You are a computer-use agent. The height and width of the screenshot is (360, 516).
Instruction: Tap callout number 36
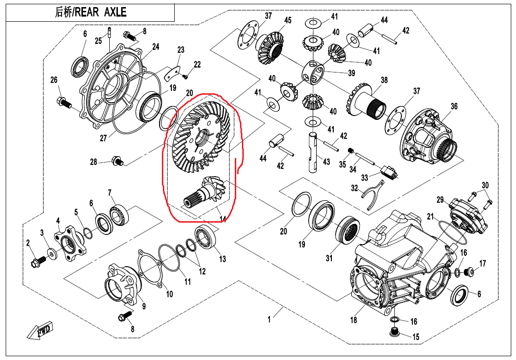click(x=454, y=107)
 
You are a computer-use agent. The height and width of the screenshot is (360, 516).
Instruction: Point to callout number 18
click(x=354, y=320)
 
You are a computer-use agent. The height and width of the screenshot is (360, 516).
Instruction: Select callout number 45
click(x=288, y=20)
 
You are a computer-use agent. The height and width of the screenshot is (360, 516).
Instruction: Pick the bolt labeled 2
click(x=36, y=261)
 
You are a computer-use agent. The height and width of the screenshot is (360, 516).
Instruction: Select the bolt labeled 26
click(x=62, y=101)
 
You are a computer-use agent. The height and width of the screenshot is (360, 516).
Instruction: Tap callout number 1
click(x=269, y=320)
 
